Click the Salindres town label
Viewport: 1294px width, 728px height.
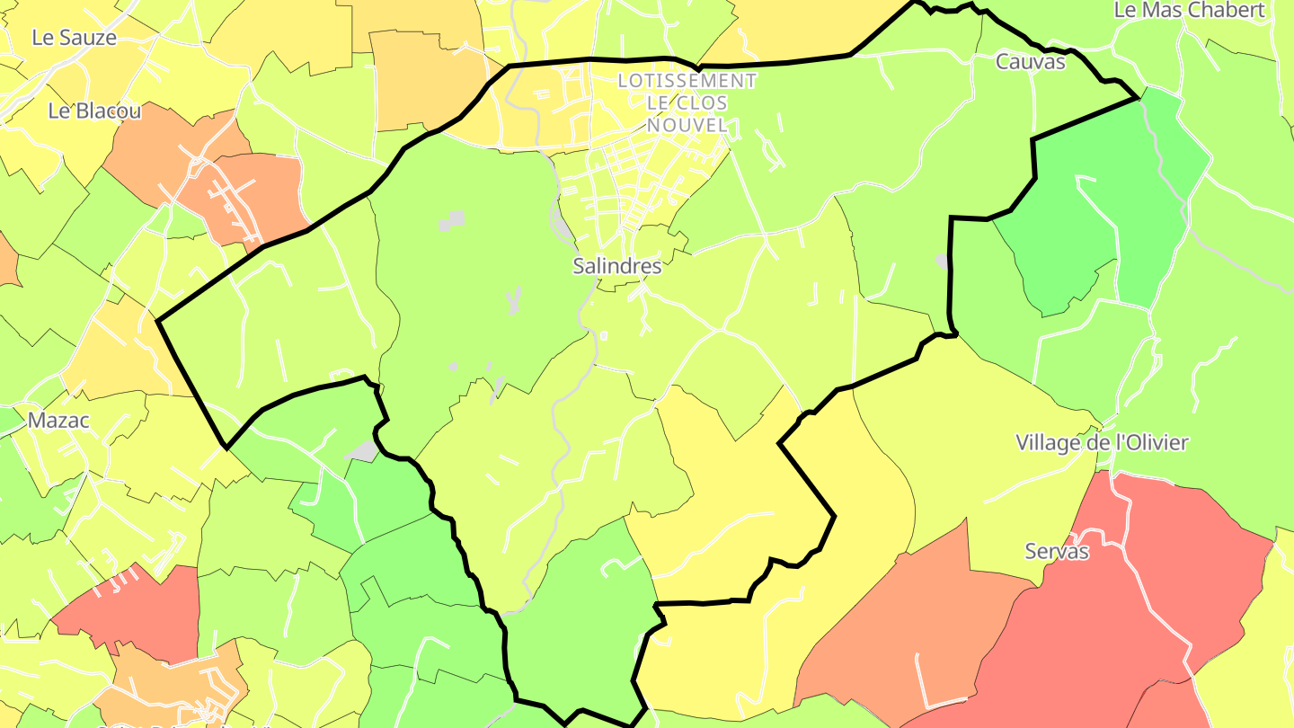point(617,266)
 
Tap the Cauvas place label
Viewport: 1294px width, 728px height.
point(1030,62)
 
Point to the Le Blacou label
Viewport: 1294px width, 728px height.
point(94,111)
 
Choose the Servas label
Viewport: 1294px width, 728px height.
point(1057,552)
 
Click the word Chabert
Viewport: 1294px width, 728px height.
point(1226,10)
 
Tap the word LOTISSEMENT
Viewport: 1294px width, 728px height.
point(687,81)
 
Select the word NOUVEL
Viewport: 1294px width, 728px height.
point(687,126)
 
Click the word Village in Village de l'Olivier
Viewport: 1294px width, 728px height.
point(1048,443)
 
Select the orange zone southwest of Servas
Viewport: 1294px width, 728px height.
point(908,629)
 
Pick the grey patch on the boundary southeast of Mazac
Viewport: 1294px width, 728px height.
point(363,450)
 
